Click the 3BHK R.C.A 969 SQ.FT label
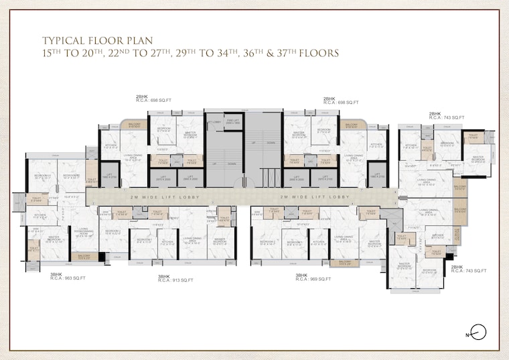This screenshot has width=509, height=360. tap(312, 278)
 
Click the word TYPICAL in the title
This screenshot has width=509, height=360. tap(66, 40)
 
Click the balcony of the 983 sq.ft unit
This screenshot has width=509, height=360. tap(84, 256)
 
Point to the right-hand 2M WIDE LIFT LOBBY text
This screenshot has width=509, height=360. tap(315, 196)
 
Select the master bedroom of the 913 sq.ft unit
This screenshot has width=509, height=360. tap(220, 242)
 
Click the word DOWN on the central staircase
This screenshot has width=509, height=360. tap(271, 143)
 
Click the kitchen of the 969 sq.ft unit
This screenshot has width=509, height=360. tap(318, 242)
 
